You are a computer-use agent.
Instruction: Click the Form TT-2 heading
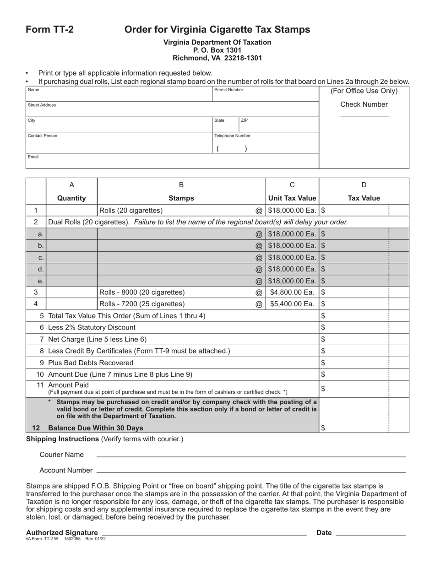(49, 30)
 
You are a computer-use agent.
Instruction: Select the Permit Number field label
(228, 90)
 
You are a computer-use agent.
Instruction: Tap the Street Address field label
(42, 105)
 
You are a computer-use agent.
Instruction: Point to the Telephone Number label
(232, 136)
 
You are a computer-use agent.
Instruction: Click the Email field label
(33, 157)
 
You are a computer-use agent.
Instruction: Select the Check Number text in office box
(364, 104)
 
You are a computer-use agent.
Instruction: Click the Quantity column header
(71, 198)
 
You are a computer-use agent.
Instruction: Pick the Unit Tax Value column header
(292, 198)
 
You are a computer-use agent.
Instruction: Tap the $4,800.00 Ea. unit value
(292, 292)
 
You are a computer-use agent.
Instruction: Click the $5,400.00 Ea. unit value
(292, 303)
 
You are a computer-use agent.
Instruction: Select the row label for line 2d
(40, 269)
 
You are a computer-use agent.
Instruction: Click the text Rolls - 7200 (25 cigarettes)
(142, 303)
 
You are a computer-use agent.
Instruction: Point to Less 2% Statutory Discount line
(92, 327)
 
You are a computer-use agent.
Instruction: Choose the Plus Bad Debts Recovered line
(91, 363)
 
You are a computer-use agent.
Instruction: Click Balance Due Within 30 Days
(95, 428)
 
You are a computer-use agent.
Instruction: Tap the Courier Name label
(61, 455)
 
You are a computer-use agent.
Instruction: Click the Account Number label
(66, 470)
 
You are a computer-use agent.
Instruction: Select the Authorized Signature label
(62, 532)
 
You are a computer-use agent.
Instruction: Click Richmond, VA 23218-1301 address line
(217, 58)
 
